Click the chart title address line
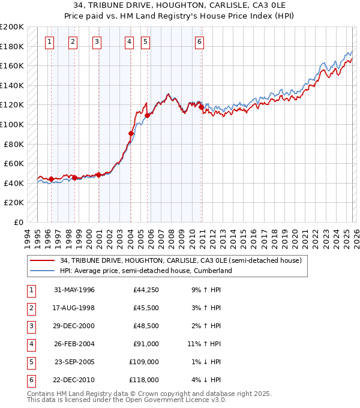[x=179, y=5]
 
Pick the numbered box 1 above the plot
[x=49, y=41]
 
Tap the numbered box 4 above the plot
[x=129, y=41]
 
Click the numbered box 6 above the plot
[x=199, y=41]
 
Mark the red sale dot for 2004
[x=131, y=133]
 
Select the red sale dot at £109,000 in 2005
[x=147, y=115]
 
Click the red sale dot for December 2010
[x=201, y=107]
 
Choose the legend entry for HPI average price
[x=145, y=271]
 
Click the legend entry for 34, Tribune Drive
[x=184, y=260]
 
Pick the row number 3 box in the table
[x=31, y=326]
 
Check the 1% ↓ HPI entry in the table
[x=204, y=361]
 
